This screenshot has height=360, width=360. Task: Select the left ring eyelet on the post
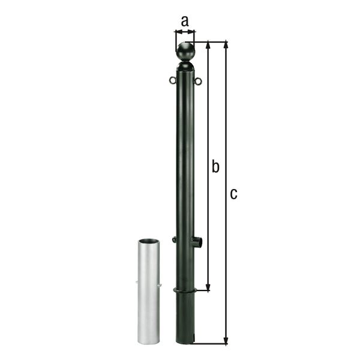[x=172, y=79]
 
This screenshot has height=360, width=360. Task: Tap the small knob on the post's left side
[x=174, y=240]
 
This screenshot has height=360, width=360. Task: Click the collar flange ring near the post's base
[x=185, y=292]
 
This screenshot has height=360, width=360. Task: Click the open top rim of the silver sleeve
[x=149, y=241]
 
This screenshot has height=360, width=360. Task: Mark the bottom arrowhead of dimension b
[x=208, y=287]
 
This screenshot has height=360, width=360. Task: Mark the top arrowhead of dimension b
[x=208, y=46]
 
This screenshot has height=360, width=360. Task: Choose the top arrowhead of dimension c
[x=226, y=46]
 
